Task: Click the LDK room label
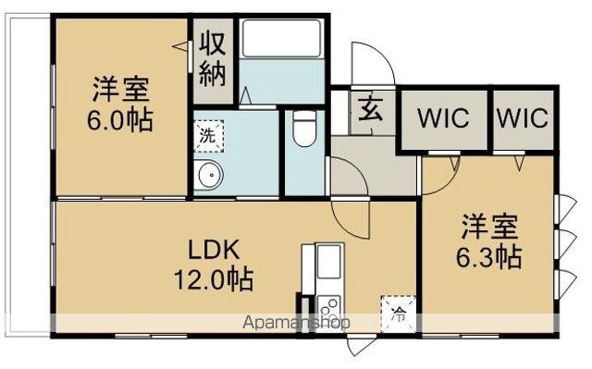[215, 249]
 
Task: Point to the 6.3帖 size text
[490, 256]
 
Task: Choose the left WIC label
[442, 119]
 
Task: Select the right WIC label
[523, 119]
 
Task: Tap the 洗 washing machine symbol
[208, 133]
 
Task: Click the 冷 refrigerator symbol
[396, 313]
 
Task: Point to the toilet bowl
[302, 130]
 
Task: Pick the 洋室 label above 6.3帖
[490, 227]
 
